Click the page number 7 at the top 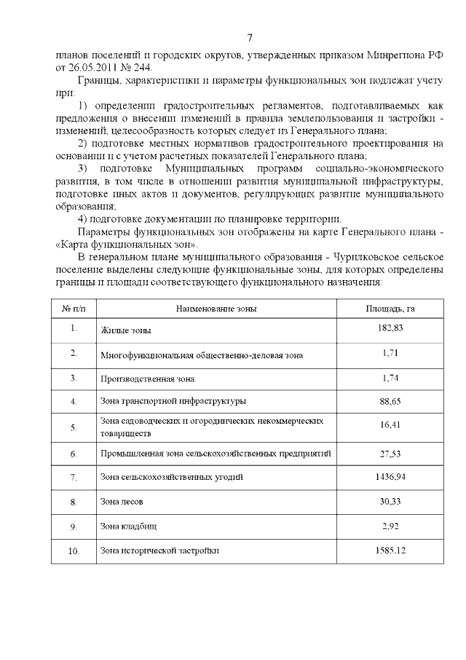pyautogui.click(x=250, y=38)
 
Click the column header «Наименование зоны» pyautogui.click(x=216, y=308)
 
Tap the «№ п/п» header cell pyautogui.click(x=74, y=308)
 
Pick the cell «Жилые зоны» pyautogui.click(x=126, y=330)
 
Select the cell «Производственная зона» pyautogui.click(x=148, y=378)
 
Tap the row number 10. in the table pyautogui.click(x=74, y=551)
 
